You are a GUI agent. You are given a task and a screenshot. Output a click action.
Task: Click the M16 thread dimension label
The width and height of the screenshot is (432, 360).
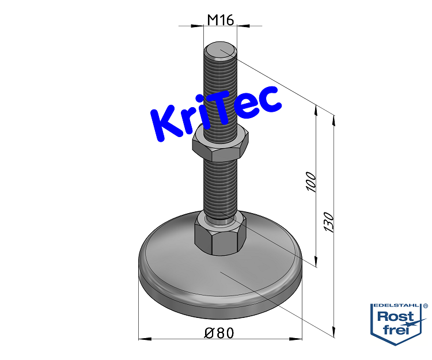tap(219, 20)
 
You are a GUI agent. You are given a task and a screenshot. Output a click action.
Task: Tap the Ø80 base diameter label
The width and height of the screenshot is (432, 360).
tap(219, 333)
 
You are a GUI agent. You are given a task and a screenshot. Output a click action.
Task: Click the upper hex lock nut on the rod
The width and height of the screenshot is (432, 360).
tap(220, 144)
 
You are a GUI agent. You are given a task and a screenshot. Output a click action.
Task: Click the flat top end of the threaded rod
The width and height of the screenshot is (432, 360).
tap(220, 52)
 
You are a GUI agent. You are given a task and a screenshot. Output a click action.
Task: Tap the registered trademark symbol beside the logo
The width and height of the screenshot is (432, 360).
tap(426, 306)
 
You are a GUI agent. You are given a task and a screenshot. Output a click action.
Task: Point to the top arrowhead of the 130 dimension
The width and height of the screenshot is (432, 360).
tap(334, 119)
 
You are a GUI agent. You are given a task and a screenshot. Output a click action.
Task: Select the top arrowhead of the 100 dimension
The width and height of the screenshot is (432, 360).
tap(316, 109)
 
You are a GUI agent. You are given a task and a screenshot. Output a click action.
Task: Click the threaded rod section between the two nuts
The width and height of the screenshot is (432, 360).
tap(220, 184)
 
